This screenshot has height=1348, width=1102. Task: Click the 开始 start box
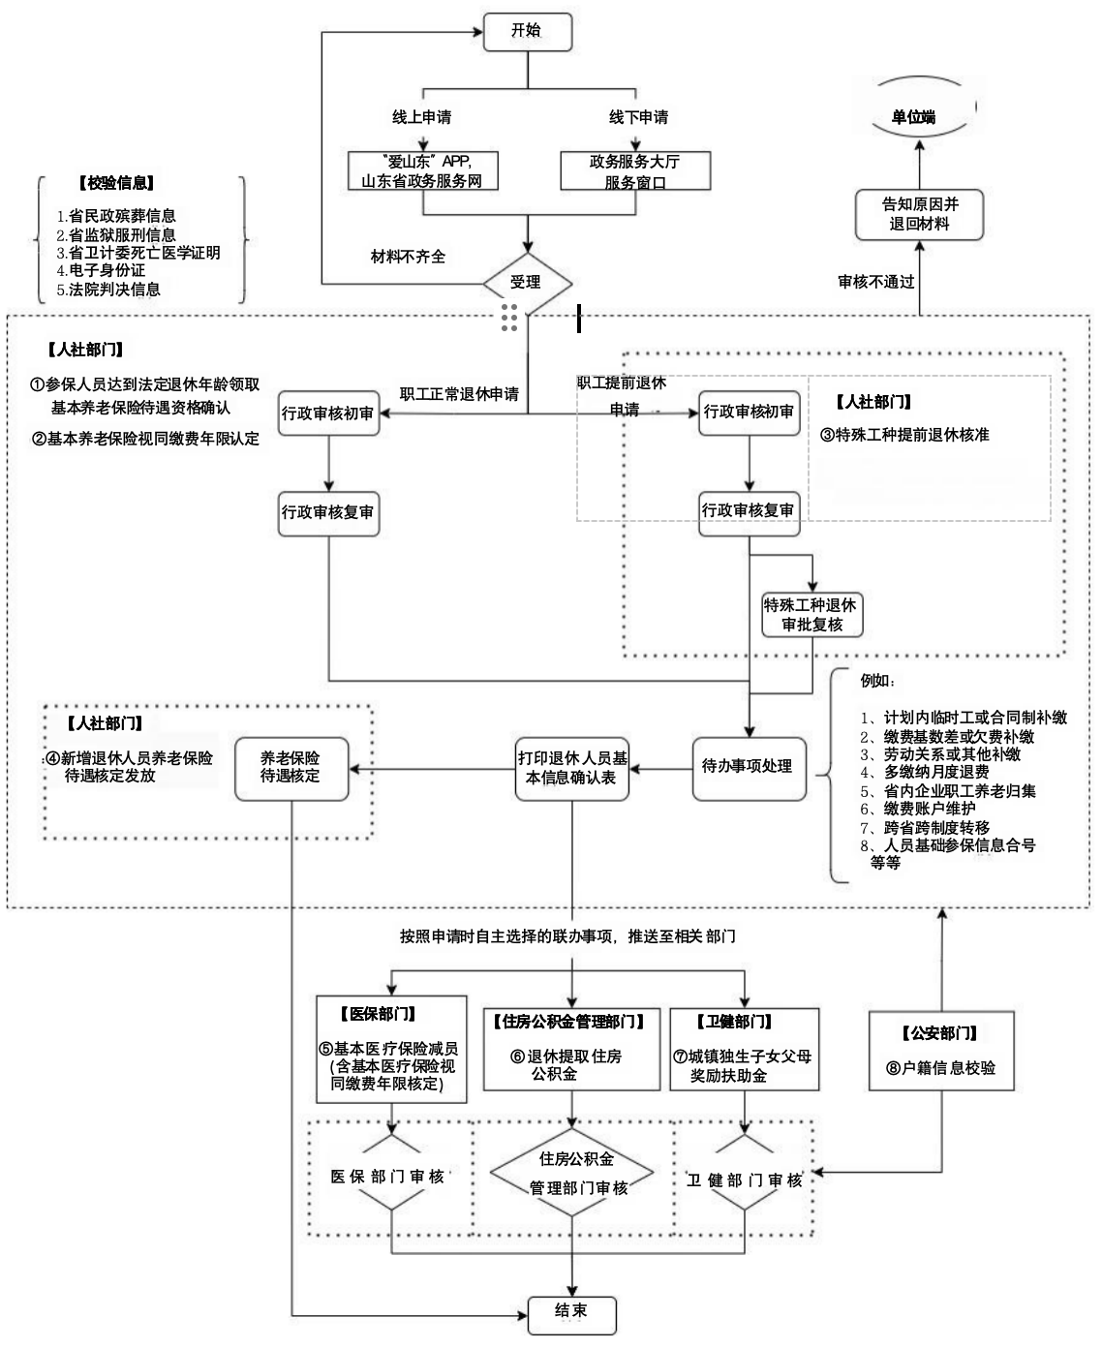point(527,31)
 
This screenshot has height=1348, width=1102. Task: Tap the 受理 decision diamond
point(527,283)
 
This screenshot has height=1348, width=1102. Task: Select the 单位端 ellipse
point(913,117)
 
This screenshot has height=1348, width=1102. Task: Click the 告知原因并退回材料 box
point(919,214)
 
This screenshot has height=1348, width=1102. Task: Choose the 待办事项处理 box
point(748,767)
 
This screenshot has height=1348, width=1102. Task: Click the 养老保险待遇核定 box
point(291,767)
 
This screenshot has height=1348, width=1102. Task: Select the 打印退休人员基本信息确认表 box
point(571,767)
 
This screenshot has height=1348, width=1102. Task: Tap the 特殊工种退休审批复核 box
point(810,616)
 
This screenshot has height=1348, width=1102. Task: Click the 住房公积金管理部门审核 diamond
point(578,1173)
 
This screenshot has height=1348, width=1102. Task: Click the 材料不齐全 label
point(409,257)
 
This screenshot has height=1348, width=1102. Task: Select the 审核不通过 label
point(875,282)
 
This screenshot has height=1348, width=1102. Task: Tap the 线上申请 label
point(421,117)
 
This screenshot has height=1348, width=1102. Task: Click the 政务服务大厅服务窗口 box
point(635,171)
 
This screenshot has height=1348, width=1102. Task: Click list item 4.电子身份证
point(101,270)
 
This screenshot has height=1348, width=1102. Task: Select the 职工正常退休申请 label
point(459,394)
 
